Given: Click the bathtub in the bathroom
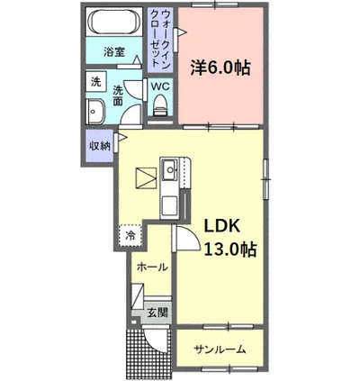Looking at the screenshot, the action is [114, 22].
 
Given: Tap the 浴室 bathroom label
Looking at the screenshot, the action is [114, 52].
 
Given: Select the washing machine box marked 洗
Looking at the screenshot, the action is [96, 81].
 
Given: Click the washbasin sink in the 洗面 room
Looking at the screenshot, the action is [95, 112].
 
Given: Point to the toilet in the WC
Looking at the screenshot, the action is [160, 105].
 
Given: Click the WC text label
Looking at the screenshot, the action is [160, 86].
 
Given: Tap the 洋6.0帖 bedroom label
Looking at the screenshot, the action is [220, 68].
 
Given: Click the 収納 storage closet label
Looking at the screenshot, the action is [99, 147].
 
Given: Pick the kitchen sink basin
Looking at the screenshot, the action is [170, 169].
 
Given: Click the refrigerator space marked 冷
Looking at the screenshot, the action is [130, 236].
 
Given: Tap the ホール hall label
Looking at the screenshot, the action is [152, 267].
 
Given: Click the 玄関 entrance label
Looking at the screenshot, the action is [157, 313].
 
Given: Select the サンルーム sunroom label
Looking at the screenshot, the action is [220, 349].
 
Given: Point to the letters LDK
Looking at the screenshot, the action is [222, 226].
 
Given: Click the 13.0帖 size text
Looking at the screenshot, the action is [230, 249].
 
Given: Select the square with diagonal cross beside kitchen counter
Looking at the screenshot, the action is [147, 178].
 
